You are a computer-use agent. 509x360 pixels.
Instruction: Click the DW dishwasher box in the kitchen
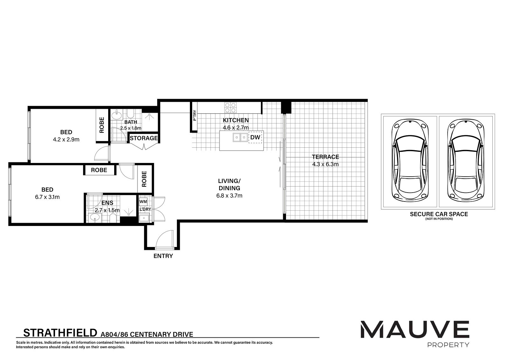pos(255,138)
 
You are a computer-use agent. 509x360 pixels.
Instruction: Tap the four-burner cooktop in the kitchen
pos(231,108)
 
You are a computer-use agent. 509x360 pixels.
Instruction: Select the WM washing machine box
pos(143,201)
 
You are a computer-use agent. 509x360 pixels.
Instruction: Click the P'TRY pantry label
pos(194,115)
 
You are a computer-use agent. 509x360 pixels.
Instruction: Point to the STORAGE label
pos(143,138)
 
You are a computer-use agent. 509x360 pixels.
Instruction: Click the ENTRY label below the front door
pos(163,256)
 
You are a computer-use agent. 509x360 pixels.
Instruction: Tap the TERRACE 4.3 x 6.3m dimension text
pos(325,164)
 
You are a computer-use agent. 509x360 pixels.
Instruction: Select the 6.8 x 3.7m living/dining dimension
pos(229,195)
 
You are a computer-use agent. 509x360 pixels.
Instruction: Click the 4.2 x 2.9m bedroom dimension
pos(66,139)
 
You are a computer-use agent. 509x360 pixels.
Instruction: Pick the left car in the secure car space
pos(410,161)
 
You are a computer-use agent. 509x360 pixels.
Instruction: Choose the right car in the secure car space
pos(466,161)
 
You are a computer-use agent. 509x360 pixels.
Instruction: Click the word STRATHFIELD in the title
pos(60,333)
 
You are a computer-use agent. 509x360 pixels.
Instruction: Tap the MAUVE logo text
pos(415,329)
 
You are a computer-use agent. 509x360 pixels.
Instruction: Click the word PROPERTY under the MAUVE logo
pos(448,345)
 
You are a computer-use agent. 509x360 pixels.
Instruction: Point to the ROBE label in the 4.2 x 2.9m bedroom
pos(102,125)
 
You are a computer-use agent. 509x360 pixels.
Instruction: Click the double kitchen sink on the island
pos(240,138)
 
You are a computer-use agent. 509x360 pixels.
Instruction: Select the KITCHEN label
pos(236,120)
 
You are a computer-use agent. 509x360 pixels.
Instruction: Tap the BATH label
pos(131,122)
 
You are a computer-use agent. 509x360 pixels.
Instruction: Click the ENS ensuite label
pos(107,203)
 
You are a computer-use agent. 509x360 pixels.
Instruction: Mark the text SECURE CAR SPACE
pos(439,214)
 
